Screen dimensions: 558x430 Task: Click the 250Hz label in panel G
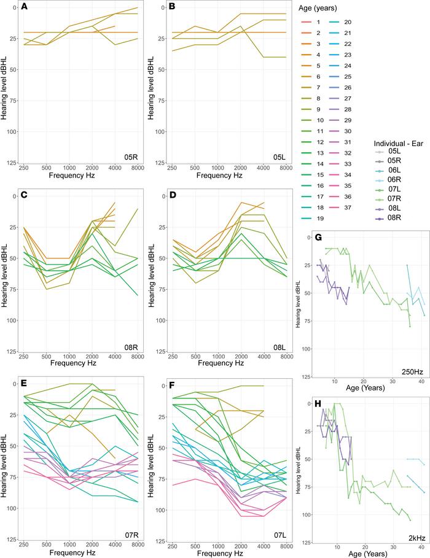408,374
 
